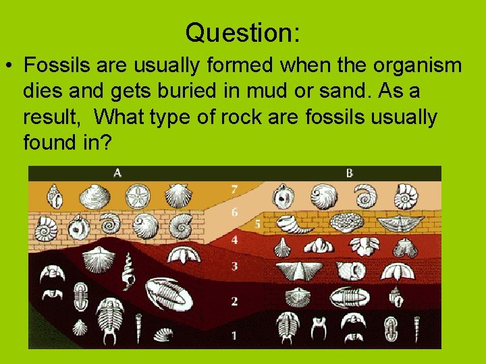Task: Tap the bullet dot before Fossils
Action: (x=9, y=67)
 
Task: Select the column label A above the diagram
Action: (x=117, y=173)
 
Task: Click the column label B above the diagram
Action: (x=350, y=173)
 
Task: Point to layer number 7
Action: (x=234, y=189)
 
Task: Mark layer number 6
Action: (x=234, y=212)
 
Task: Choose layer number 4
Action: (x=234, y=239)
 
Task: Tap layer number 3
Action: (x=234, y=267)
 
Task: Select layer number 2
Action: (x=234, y=301)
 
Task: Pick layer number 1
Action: (x=234, y=334)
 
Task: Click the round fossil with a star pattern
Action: (x=140, y=197)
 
